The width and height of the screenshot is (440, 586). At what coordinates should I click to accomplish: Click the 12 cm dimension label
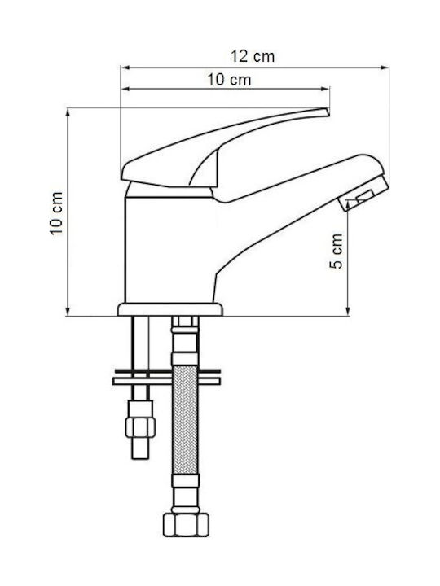coord(252,56)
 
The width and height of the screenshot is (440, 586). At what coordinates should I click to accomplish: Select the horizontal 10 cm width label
coord(229,80)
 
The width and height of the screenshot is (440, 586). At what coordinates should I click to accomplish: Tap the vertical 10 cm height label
coord(56,213)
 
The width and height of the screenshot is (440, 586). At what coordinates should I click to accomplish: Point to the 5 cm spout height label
coord(336,251)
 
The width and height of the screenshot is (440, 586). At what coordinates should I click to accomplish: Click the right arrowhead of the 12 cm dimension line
coord(385,68)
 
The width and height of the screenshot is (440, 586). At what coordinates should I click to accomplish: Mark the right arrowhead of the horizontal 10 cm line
coord(325,89)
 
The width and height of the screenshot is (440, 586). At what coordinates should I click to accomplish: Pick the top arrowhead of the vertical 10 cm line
coord(68,112)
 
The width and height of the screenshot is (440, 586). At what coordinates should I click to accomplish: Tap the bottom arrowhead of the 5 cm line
coord(348,311)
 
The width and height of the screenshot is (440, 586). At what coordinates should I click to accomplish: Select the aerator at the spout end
coord(363,194)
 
